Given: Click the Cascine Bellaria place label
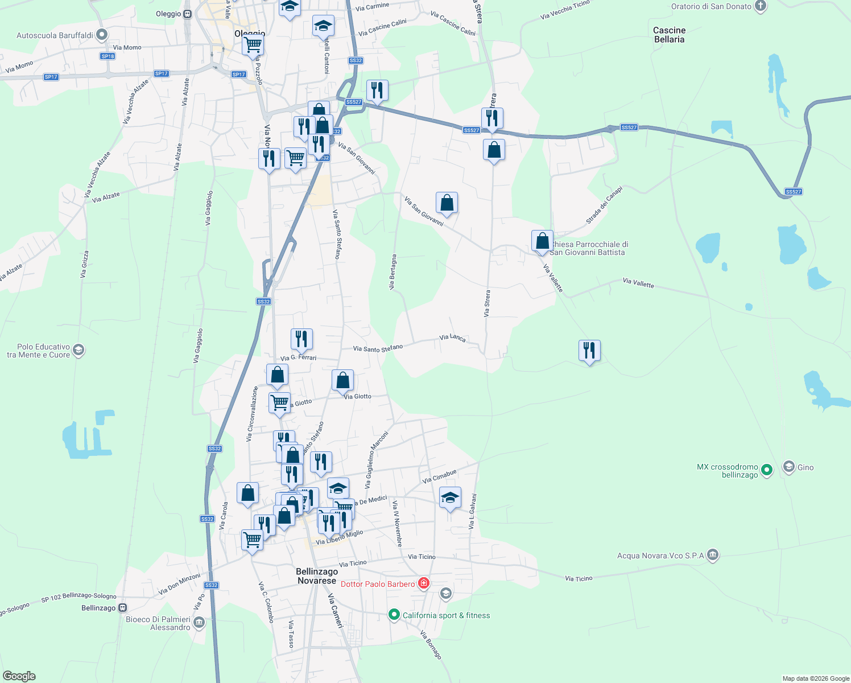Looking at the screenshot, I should pos(669,35).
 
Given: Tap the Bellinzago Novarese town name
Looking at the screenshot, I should pos(317,576).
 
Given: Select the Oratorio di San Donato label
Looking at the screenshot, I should pos(711,6).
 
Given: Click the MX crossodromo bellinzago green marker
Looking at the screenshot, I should pos(767,470).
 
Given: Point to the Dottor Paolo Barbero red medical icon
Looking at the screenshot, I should pos(423,583).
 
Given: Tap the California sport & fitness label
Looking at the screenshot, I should pos(446,615).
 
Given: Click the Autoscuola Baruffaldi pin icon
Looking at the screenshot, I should pos(102,35).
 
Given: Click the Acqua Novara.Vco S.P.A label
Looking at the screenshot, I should pos(660,556).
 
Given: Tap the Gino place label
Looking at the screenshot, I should pos(805,467).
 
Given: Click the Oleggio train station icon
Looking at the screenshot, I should pos(188,14).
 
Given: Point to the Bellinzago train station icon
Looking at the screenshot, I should pos(122,608).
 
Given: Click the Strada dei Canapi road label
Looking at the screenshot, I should pos(605,205).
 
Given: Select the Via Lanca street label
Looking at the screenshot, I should pos(452,338).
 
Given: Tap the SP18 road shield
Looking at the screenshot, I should pos(108,56).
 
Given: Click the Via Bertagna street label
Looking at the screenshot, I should pos(392,272).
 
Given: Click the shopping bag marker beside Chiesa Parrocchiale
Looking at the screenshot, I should pos(542,241).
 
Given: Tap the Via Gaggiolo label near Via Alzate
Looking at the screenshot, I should pos(209,208).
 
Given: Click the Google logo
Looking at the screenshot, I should pos(19,676).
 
